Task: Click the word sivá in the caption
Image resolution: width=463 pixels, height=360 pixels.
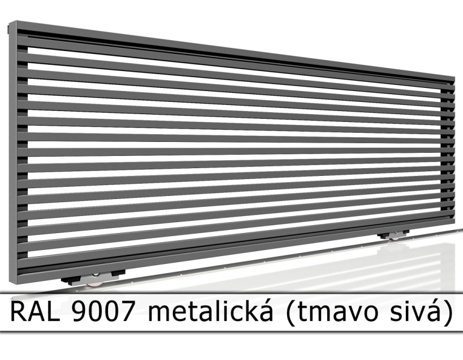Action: tap(412, 311)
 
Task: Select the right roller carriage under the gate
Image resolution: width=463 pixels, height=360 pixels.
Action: tap(394, 236)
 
